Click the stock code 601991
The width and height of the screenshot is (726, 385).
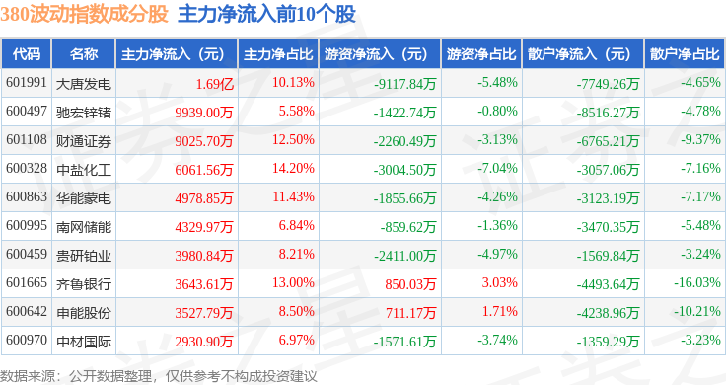(27, 83)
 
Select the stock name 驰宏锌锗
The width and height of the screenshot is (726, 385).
(84, 113)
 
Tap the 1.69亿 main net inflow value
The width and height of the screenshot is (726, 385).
(214, 84)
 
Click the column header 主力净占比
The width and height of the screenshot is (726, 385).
(278, 53)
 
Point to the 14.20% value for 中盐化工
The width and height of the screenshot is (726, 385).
(293, 168)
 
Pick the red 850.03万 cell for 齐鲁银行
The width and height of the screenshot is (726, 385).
(410, 284)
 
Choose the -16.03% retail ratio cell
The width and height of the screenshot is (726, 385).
(697, 282)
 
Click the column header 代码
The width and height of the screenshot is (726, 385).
(27, 53)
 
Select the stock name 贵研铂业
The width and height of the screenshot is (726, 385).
(84, 256)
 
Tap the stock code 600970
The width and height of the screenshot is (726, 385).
(27, 340)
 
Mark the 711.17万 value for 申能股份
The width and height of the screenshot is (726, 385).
(411, 313)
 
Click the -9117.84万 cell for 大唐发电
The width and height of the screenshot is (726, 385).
(405, 84)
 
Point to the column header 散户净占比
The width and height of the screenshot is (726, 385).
(685, 53)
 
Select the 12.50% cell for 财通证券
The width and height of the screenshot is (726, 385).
(293, 139)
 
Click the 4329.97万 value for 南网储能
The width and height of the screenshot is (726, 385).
(204, 227)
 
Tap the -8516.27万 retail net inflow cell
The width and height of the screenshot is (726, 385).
(608, 113)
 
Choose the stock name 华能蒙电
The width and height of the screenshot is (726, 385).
(84, 198)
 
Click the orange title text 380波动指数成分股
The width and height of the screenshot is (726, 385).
(84, 15)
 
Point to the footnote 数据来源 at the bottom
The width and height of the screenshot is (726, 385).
(28, 376)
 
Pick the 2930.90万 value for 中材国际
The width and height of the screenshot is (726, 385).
(204, 342)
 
